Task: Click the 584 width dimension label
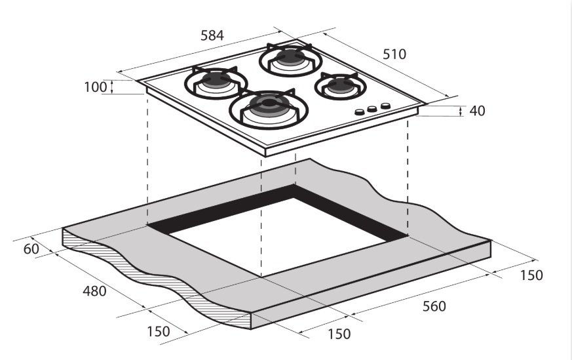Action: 211,35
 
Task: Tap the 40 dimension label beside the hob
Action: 477,111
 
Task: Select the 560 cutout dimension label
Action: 433,306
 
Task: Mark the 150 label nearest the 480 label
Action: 158,331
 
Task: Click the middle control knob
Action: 372,109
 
